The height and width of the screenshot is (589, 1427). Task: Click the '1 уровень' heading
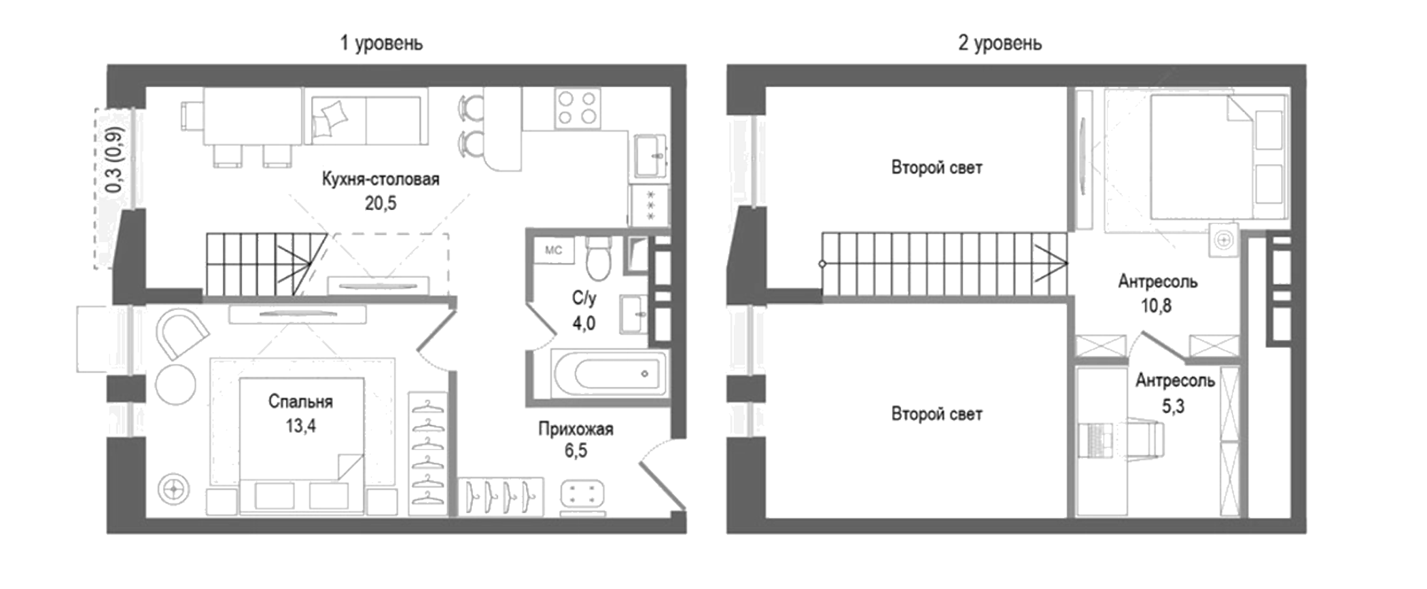(x=381, y=43)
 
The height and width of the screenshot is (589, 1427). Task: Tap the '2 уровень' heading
(x=1000, y=43)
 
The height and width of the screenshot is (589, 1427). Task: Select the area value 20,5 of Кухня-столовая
(x=381, y=203)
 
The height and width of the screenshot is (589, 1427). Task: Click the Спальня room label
(x=300, y=401)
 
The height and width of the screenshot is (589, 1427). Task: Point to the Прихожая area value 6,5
(x=576, y=450)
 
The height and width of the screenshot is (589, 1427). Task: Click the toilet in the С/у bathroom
(x=599, y=259)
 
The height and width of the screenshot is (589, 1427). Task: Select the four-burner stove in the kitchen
(x=577, y=108)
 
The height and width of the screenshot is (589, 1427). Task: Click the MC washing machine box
(x=554, y=250)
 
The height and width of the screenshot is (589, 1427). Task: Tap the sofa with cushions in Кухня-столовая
(x=368, y=120)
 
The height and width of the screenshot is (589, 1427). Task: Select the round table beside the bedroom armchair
(x=175, y=385)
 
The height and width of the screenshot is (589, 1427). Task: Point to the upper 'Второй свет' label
(x=936, y=168)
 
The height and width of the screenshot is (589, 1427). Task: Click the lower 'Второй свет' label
(x=936, y=414)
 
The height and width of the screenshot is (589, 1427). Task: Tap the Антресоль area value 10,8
(x=1156, y=306)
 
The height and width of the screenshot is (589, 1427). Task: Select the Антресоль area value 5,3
(x=1173, y=406)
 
